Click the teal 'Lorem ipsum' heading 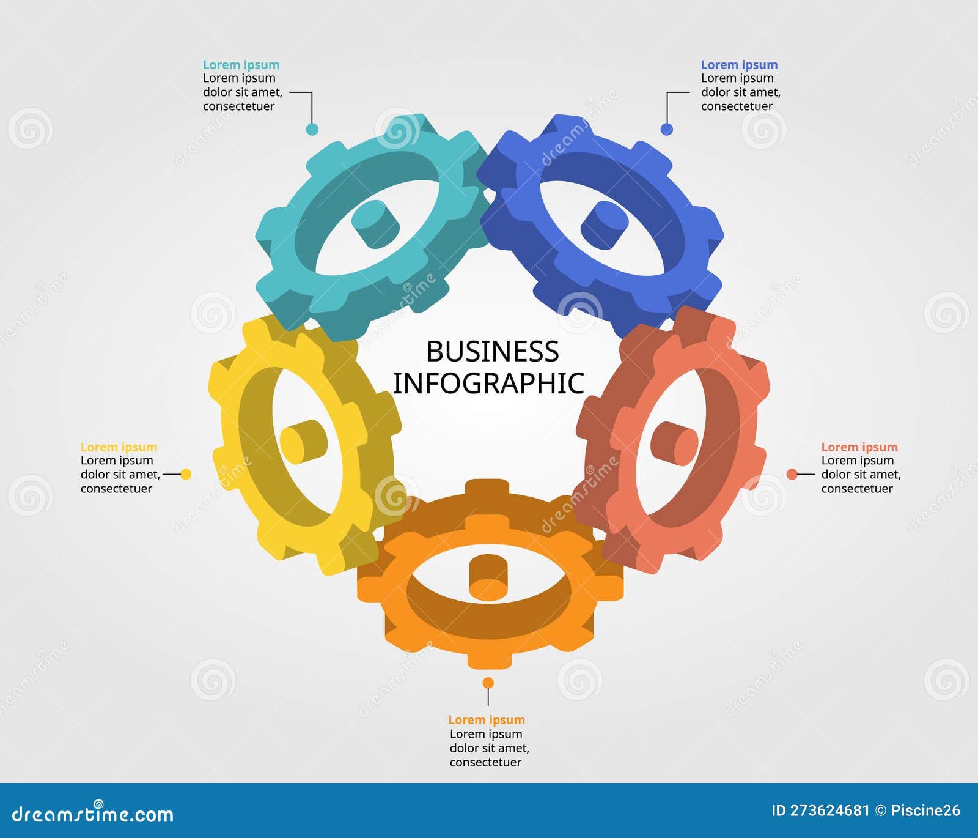[241, 65]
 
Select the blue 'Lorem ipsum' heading [739, 65]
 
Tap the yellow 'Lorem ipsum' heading [119, 447]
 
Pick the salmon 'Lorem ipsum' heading [859, 447]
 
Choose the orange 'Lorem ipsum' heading [487, 720]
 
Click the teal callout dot [312, 129]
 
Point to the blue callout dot [667, 129]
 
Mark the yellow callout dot [186, 474]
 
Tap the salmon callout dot [792, 474]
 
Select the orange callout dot [488, 683]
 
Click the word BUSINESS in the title [492, 352]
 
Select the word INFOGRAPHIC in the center [488, 384]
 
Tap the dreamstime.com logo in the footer [93, 814]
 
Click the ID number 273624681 [829, 811]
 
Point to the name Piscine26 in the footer [925, 811]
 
